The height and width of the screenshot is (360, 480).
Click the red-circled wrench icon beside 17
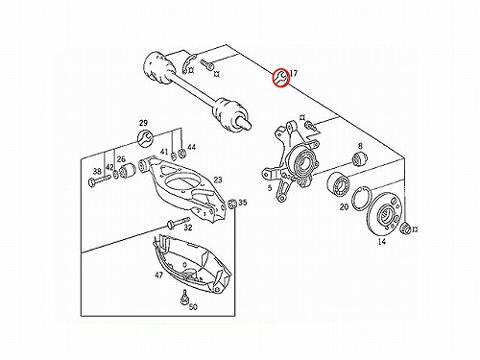(281, 78)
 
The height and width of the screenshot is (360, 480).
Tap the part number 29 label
(143, 123)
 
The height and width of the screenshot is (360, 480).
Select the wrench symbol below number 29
(146, 138)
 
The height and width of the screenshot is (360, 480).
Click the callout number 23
(218, 180)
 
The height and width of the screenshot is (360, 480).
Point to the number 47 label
(158, 275)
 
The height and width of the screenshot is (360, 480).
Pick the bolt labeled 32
(179, 223)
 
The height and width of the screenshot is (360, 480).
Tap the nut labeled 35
(232, 204)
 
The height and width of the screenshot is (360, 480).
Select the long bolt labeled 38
(99, 180)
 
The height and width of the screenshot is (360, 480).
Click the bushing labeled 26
(128, 170)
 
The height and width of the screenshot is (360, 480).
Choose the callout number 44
(191, 147)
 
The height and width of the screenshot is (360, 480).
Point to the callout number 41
(164, 152)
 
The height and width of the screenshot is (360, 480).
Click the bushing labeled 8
(360, 158)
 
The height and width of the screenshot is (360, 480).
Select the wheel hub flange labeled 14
(384, 214)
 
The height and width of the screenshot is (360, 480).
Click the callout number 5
(270, 187)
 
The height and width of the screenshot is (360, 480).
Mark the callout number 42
(109, 167)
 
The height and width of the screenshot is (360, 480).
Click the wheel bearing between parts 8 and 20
(339, 183)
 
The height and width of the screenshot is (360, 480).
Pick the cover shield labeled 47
(191, 263)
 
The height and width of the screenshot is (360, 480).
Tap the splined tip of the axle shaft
(244, 123)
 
